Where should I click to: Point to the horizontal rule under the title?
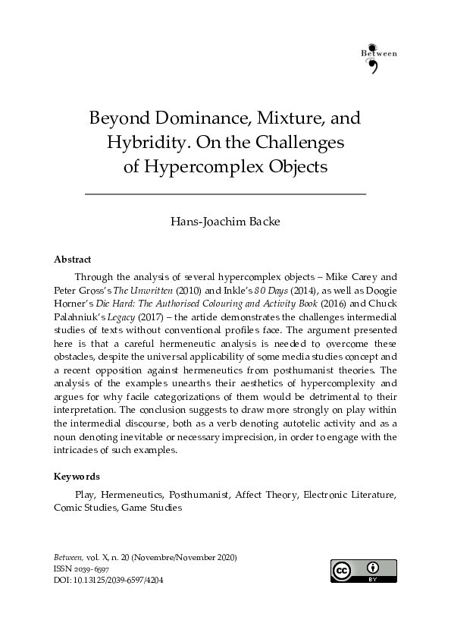tap(225, 195)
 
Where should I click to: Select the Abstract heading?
tap(72, 260)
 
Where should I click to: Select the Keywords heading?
tap(76, 477)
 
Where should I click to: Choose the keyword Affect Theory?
tap(267, 495)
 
